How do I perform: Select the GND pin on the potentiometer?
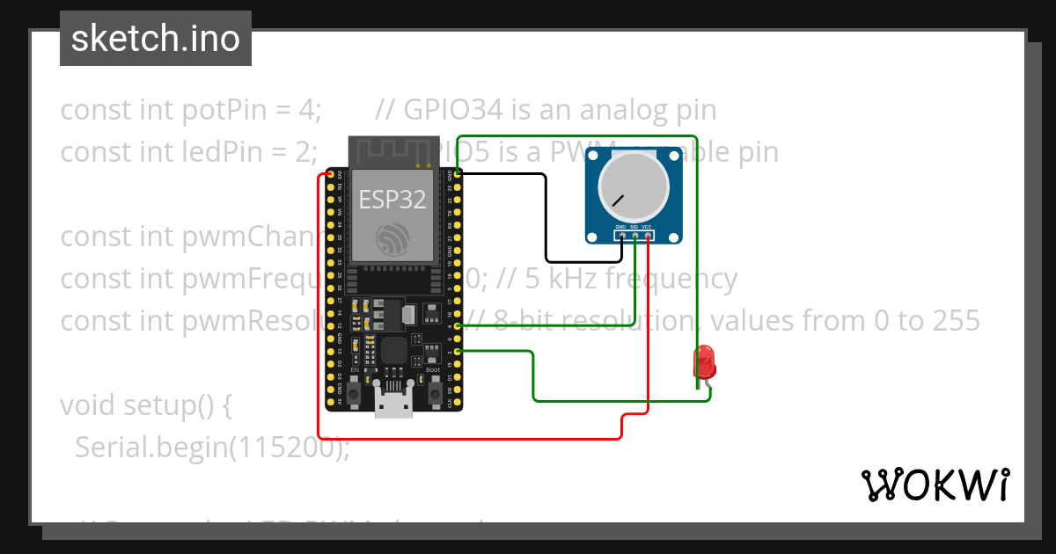pyautogui.click(x=621, y=236)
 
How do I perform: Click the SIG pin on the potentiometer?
pyautogui.click(x=634, y=236)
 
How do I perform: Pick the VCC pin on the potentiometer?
pyautogui.click(x=648, y=236)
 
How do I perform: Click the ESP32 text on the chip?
pyautogui.click(x=392, y=200)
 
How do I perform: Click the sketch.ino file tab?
pyautogui.click(x=156, y=39)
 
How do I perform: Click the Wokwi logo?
pyautogui.click(x=935, y=485)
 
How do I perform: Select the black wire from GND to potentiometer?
pyautogui.click(x=546, y=220)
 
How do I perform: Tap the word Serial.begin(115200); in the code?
pyautogui.click(x=212, y=448)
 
